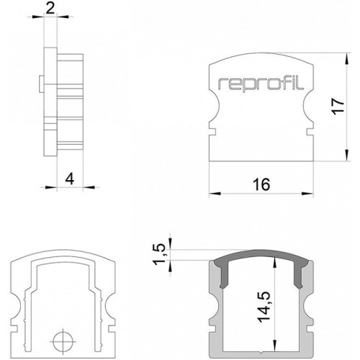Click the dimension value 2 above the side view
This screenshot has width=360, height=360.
click(50, 9)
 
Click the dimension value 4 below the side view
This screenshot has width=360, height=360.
click(70, 179)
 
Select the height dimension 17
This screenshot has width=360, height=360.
click(338, 106)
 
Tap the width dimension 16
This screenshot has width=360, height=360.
click(261, 184)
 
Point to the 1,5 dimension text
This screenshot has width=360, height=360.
click(159, 254)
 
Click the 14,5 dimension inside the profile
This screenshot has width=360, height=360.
click(264, 307)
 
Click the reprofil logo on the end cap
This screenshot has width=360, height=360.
click(261, 84)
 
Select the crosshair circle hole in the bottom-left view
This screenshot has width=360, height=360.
click(63, 341)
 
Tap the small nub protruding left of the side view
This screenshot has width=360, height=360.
click(42, 84)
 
